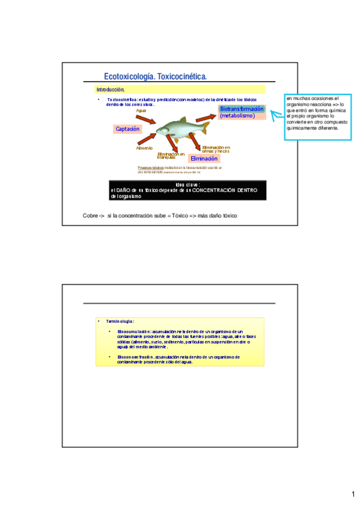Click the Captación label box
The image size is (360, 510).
[x=127, y=129]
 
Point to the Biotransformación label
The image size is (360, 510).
[x=241, y=109]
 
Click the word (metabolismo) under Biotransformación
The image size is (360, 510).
[x=237, y=115]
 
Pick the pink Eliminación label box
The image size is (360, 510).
[x=204, y=159]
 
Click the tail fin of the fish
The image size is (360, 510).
[x=206, y=126]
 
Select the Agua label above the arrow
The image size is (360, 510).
[x=141, y=111]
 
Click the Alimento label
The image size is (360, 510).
[x=144, y=148]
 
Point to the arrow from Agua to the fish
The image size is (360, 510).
[x=147, y=118]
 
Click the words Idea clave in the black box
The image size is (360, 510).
[x=188, y=185]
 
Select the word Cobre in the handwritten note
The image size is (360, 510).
[x=90, y=215]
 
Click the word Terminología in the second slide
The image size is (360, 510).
[x=120, y=322]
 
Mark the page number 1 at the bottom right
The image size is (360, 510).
[x=353, y=494]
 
